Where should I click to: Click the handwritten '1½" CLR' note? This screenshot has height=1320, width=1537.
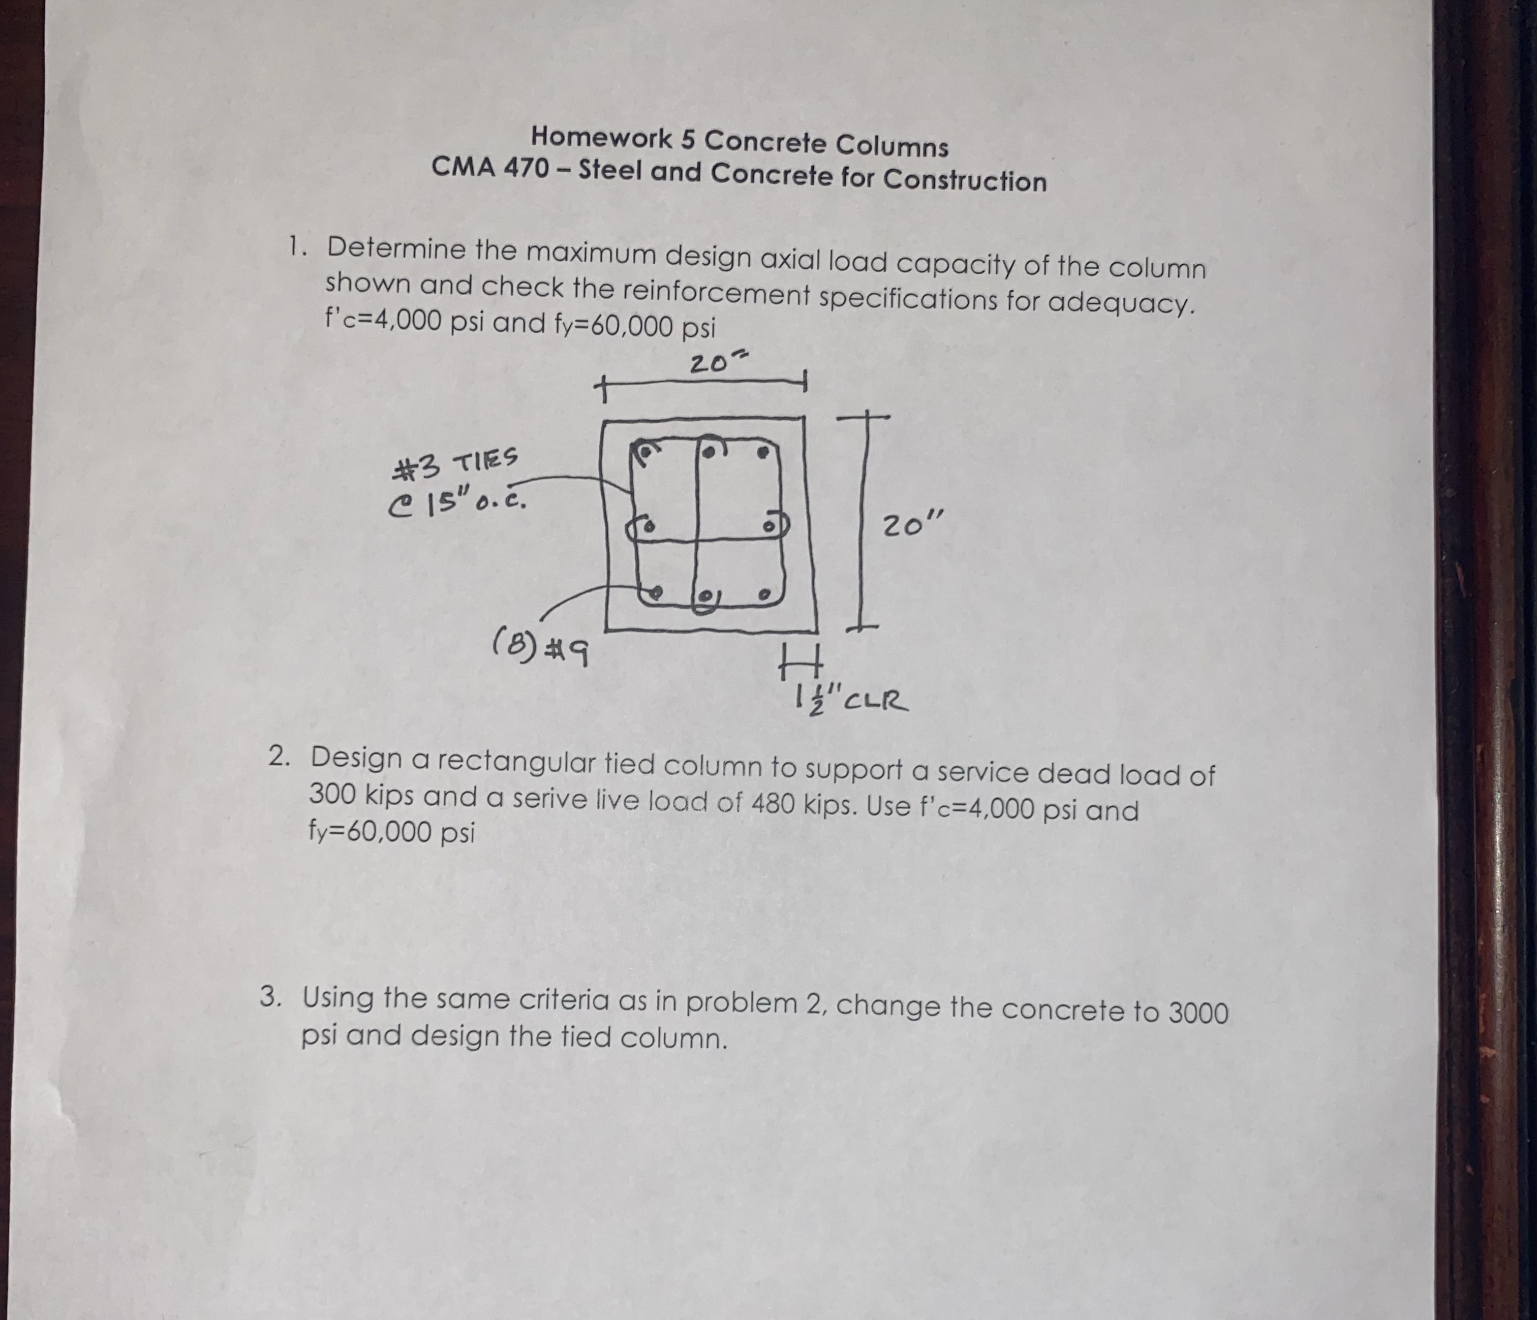click(849, 698)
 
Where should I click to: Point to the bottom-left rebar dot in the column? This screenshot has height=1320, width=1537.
click(656, 592)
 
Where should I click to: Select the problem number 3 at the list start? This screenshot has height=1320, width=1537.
click(271, 997)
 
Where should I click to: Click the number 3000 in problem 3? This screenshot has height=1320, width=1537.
click(1198, 1012)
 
